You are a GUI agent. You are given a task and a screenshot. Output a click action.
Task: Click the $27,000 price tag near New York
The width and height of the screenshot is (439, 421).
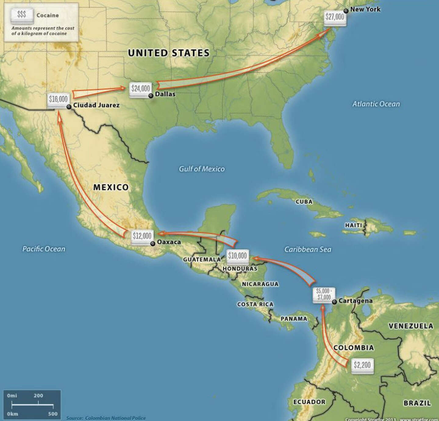click(x=334, y=17)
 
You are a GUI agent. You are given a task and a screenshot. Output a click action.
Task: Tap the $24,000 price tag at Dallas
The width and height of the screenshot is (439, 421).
click(x=141, y=89)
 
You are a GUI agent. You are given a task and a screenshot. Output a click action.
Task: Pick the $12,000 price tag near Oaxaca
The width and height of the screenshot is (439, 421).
click(x=142, y=236)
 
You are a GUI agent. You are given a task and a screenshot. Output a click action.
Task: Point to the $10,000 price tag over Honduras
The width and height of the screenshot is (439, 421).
click(x=237, y=256)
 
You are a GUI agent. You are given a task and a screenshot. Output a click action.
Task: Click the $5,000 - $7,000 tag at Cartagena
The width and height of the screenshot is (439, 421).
click(x=323, y=294)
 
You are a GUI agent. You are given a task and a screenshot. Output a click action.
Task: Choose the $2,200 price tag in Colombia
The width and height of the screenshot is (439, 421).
click(x=362, y=365)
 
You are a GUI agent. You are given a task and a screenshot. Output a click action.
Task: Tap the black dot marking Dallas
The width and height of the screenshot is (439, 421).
click(x=151, y=96)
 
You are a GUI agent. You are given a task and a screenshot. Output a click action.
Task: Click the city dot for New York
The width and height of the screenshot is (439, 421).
click(x=346, y=11)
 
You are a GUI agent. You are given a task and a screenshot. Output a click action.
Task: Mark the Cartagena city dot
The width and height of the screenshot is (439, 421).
click(x=334, y=302)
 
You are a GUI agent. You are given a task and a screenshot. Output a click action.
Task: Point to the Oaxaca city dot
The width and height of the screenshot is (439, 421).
click(x=152, y=244)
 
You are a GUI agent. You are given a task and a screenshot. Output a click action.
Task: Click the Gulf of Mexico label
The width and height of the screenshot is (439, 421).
click(x=202, y=169)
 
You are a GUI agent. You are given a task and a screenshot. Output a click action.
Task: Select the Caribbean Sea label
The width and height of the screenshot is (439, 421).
click(x=308, y=249)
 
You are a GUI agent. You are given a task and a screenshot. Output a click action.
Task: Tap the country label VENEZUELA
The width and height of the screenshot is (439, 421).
click(x=411, y=326)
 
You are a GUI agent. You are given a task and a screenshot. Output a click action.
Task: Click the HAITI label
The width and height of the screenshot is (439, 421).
click(x=354, y=225)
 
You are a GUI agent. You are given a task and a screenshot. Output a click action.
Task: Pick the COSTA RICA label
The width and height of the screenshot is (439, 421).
click(x=255, y=304)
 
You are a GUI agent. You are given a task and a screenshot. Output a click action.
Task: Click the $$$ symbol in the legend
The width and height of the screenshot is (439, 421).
click(x=21, y=14)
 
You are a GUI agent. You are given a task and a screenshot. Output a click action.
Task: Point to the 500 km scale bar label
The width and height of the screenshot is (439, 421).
click(x=53, y=414)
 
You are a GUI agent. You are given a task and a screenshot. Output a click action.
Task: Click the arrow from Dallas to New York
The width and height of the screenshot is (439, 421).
click(x=244, y=67)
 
